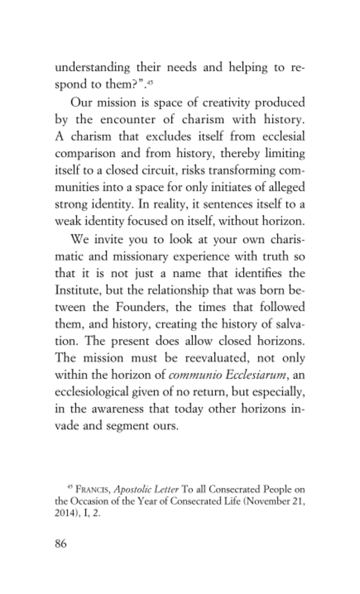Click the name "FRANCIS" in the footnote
pyautogui.click(x=92, y=489)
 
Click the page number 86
pyautogui.click(x=61, y=544)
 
